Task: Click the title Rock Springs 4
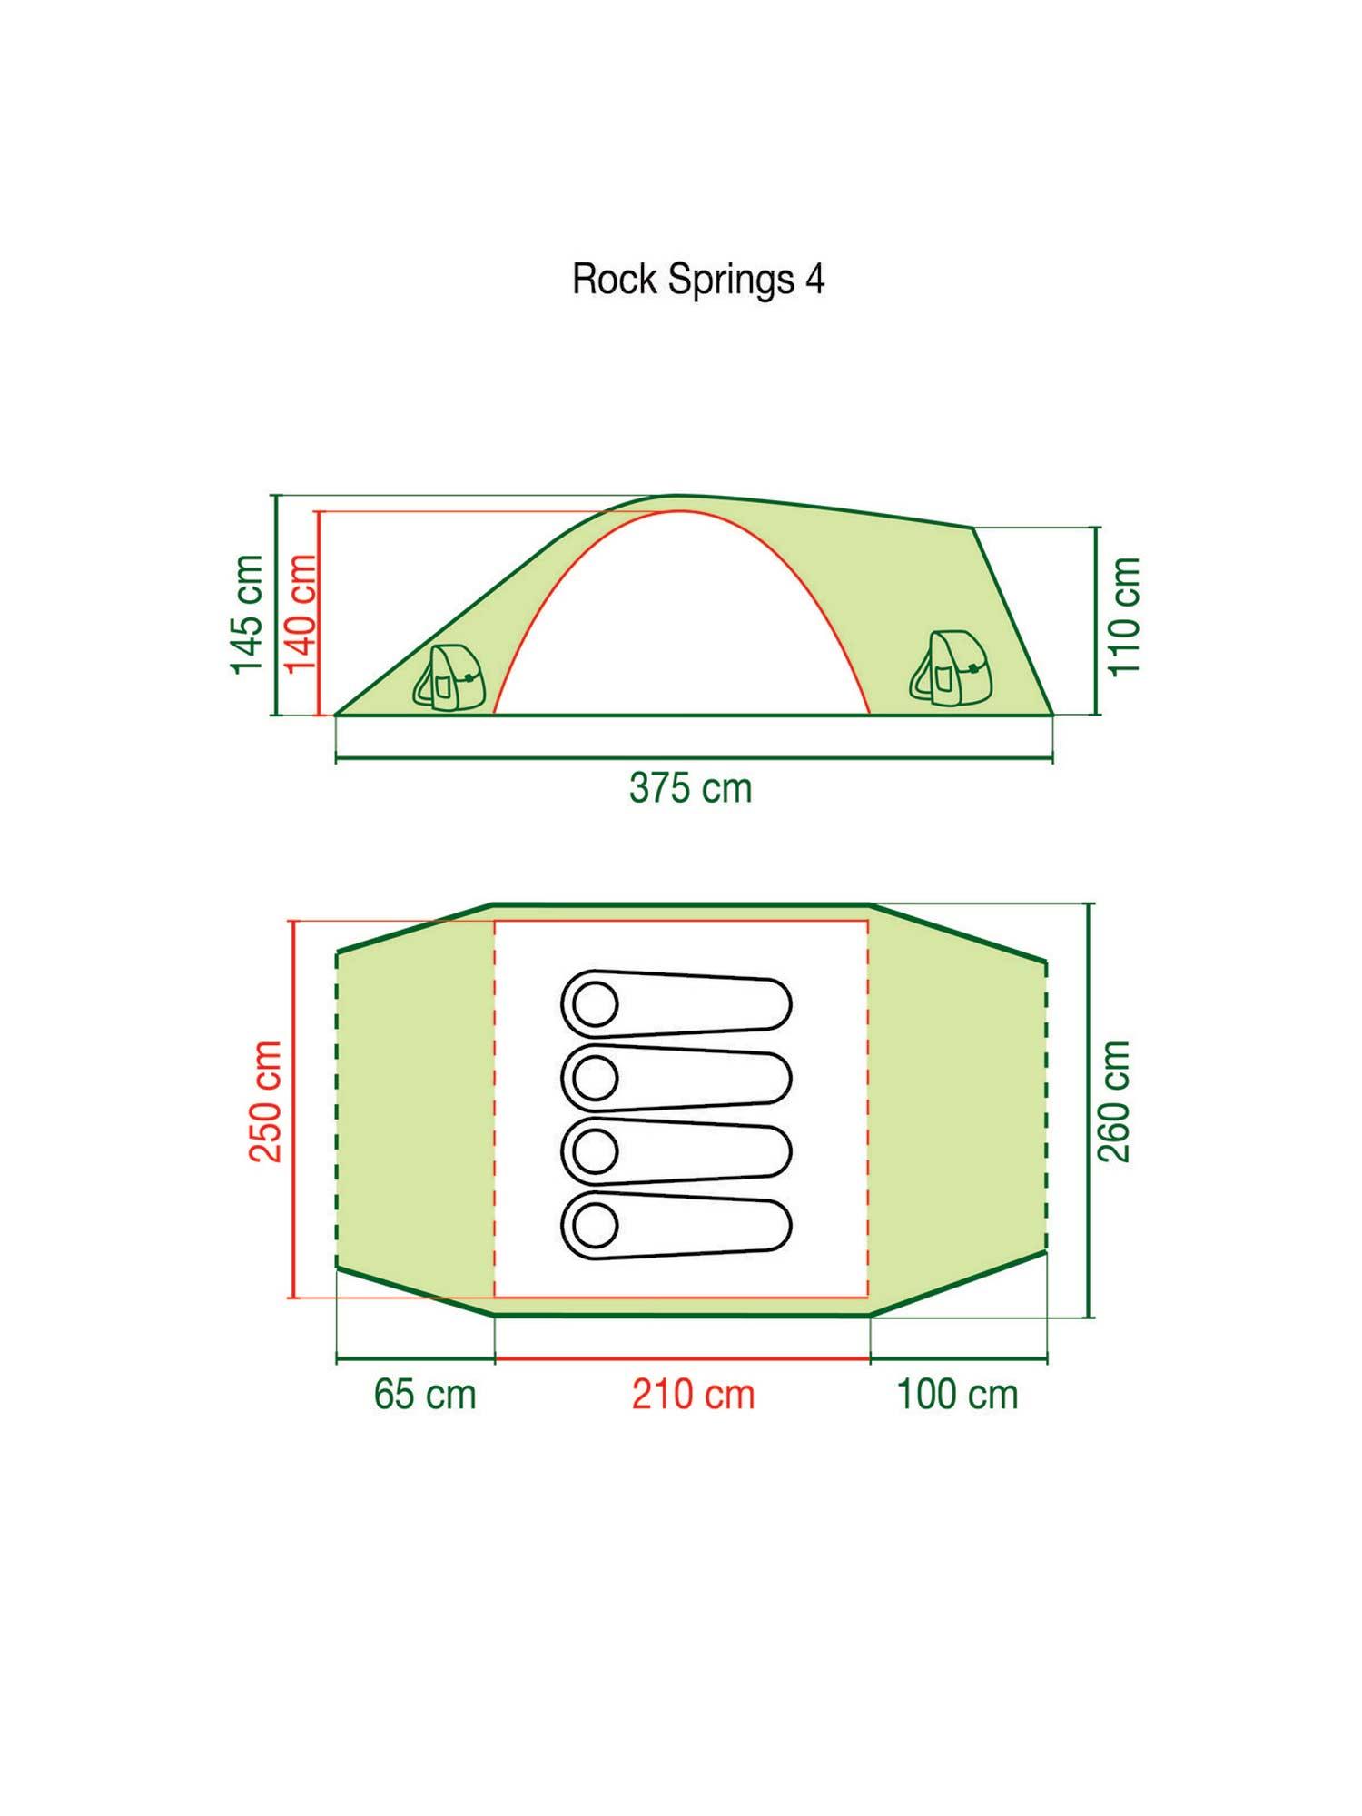point(697,280)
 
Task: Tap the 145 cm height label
point(247,614)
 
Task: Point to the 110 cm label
point(1124,617)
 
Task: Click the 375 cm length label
point(690,788)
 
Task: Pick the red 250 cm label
point(266,1101)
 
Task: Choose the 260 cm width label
point(1114,1101)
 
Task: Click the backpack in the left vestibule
point(449,677)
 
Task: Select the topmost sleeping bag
point(676,1004)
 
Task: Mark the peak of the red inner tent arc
point(680,511)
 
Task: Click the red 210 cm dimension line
point(682,1359)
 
